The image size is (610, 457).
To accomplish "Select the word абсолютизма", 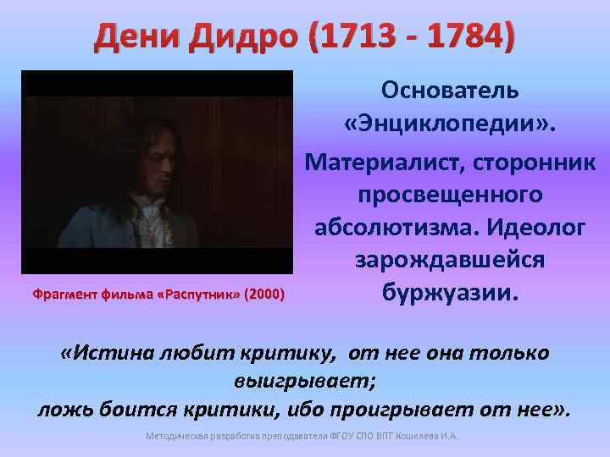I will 390,228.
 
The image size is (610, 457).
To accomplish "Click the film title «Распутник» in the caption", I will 204,295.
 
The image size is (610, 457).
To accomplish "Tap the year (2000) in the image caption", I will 263,295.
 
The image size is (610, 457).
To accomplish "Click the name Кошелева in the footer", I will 421,437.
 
